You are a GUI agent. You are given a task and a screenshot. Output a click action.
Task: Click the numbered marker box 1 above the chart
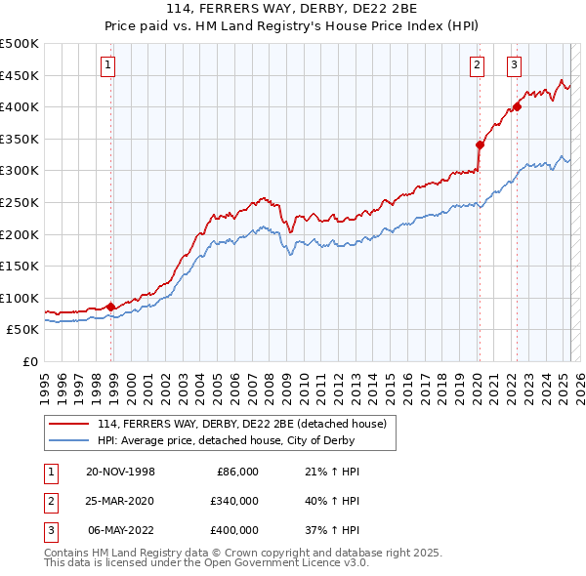pyautogui.click(x=106, y=66)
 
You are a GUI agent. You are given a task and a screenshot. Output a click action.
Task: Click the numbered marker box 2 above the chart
pyautogui.click(x=477, y=66)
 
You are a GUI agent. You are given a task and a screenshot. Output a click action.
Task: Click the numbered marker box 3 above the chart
pyautogui.click(x=514, y=66)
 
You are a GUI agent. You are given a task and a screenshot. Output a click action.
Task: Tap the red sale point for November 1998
pyautogui.click(x=111, y=307)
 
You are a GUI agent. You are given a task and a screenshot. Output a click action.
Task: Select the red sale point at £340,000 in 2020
pyautogui.click(x=480, y=144)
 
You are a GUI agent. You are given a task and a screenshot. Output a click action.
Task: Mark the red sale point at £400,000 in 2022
pyautogui.click(x=517, y=106)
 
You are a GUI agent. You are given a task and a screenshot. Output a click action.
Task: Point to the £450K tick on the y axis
pyautogui.click(x=21, y=75)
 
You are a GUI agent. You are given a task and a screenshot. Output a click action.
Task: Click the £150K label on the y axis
pyautogui.click(x=21, y=266)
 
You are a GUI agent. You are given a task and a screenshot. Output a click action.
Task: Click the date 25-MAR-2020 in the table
pyautogui.click(x=120, y=501)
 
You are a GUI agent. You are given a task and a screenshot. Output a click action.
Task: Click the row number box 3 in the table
pyautogui.click(x=48, y=530)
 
